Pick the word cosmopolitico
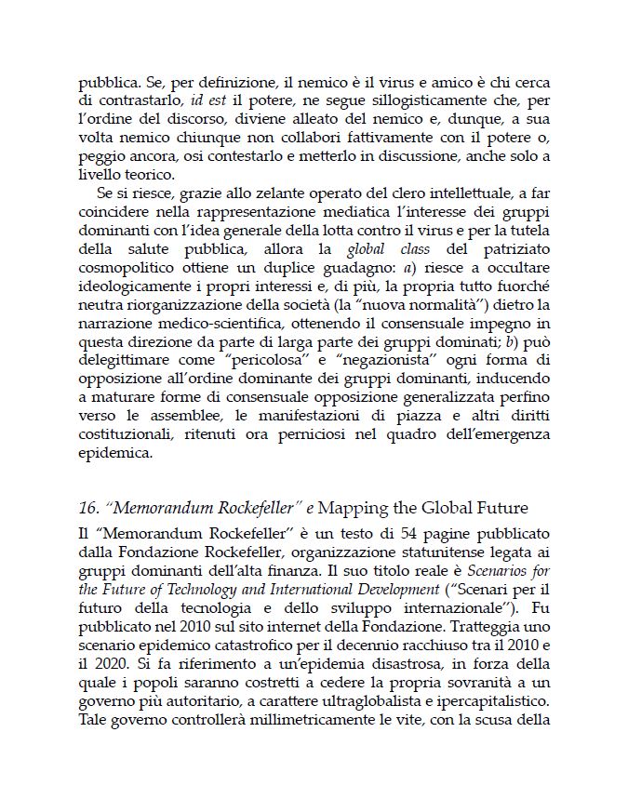[126, 269]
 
